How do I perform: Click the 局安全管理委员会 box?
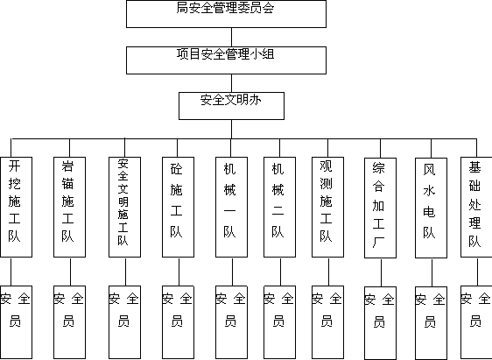click(x=226, y=14)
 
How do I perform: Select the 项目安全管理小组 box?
click(x=226, y=60)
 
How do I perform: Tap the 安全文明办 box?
click(x=232, y=106)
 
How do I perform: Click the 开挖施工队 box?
click(x=16, y=207)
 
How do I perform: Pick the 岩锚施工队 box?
click(x=70, y=207)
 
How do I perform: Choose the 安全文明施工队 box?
click(x=124, y=207)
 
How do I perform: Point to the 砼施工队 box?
click(x=178, y=207)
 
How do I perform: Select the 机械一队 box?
click(x=232, y=207)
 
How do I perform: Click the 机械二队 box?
click(x=279, y=207)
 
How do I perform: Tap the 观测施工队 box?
click(x=328, y=207)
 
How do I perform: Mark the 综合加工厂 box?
click(x=380, y=208)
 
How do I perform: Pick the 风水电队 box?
click(x=431, y=208)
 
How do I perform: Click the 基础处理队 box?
click(x=476, y=207)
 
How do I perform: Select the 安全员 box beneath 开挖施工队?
click(x=16, y=322)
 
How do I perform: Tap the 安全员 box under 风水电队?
click(x=431, y=323)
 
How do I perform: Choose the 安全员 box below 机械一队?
click(x=232, y=322)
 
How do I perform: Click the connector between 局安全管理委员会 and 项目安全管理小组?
click(x=232, y=37)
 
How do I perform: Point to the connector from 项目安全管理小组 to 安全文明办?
click(x=232, y=83)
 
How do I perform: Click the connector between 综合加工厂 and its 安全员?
click(x=381, y=272)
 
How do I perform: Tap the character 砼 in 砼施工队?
click(x=176, y=169)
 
